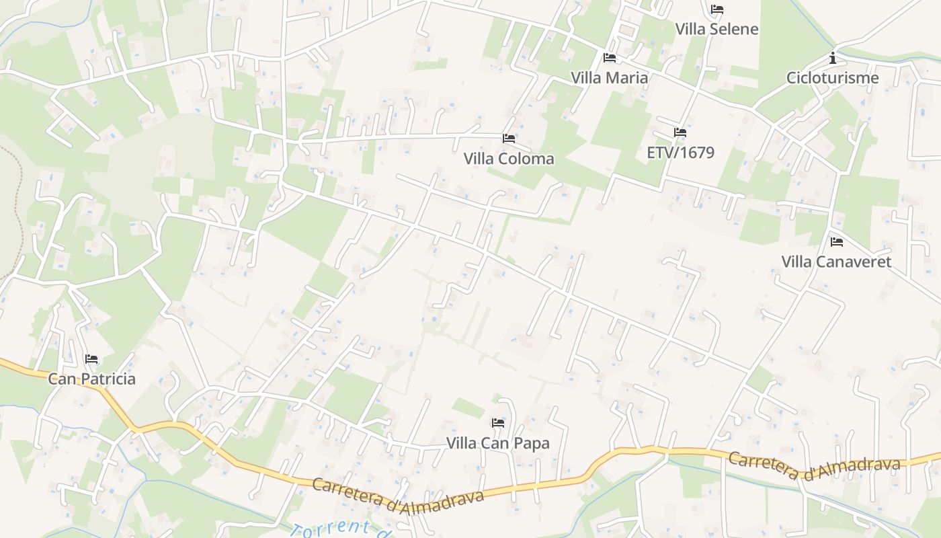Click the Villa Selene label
[x=717, y=29]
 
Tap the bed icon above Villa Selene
[x=717, y=9]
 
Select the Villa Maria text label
[x=609, y=77]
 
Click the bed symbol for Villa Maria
[x=610, y=58]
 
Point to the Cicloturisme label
[x=832, y=77]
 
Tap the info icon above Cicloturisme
[x=833, y=58]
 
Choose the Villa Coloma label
[x=509, y=159]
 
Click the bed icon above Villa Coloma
[x=509, y=139]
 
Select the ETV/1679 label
[x=680, y=152]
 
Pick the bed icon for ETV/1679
[x=680, y=132]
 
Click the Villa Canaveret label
[x=836, y=262]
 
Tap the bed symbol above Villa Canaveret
[x=837, y=242]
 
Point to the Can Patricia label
[x=91, y=379]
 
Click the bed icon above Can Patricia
[x=92, y=359]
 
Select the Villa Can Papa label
[x=498, y=443]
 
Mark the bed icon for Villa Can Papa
[x=498, y=423]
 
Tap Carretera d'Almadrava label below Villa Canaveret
[x=813, y=467]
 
